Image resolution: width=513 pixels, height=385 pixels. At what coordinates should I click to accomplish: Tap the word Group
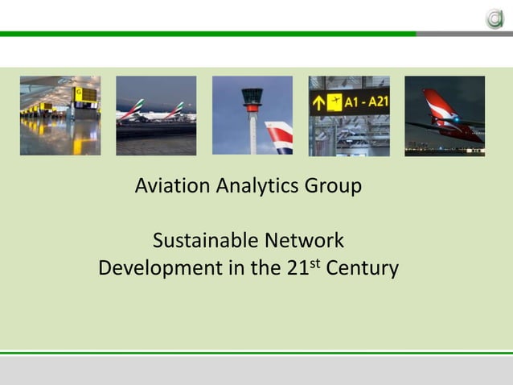(333, 187)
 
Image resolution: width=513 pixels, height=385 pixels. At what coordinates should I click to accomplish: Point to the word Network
(307, 241)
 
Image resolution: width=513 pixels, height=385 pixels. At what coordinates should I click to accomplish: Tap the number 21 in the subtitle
(298, 268)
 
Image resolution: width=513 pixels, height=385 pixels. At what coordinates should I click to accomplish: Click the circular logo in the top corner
(494, 17)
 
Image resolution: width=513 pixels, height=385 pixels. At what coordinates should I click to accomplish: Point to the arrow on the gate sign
(319, 102)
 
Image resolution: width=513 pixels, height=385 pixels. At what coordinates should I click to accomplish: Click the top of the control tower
(252, 96)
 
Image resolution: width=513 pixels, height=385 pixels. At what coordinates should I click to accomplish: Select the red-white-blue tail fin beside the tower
(279, 137)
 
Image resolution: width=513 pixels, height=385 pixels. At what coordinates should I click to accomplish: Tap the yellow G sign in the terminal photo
(80, 93)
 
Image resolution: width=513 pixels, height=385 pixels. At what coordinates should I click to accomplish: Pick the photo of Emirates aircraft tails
(156, 115)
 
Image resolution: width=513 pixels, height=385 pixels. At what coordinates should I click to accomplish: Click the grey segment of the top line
(464, 34)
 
